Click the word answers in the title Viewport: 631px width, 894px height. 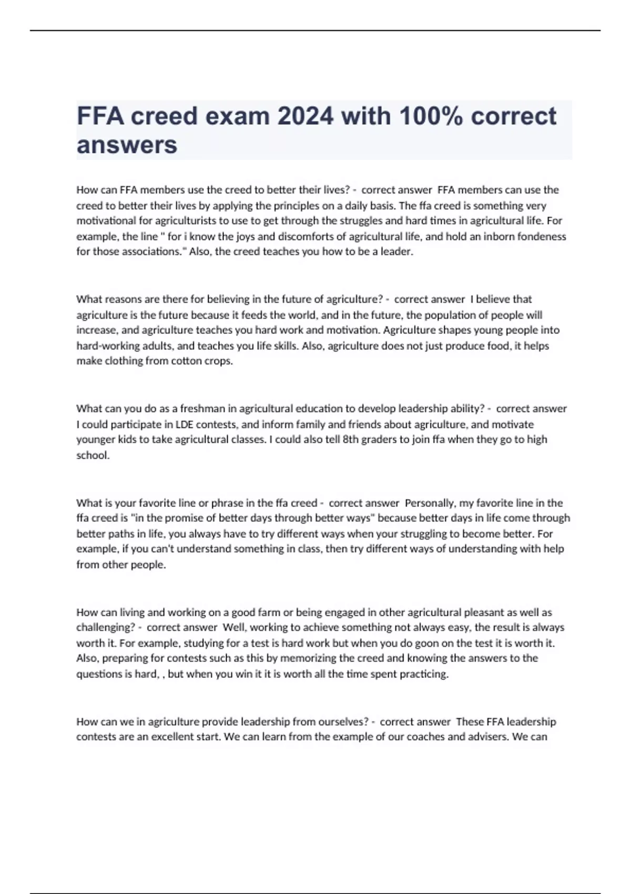click(127, 145)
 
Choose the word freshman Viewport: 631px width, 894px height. click(203, 409)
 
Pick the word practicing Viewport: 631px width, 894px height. click(424, 674)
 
